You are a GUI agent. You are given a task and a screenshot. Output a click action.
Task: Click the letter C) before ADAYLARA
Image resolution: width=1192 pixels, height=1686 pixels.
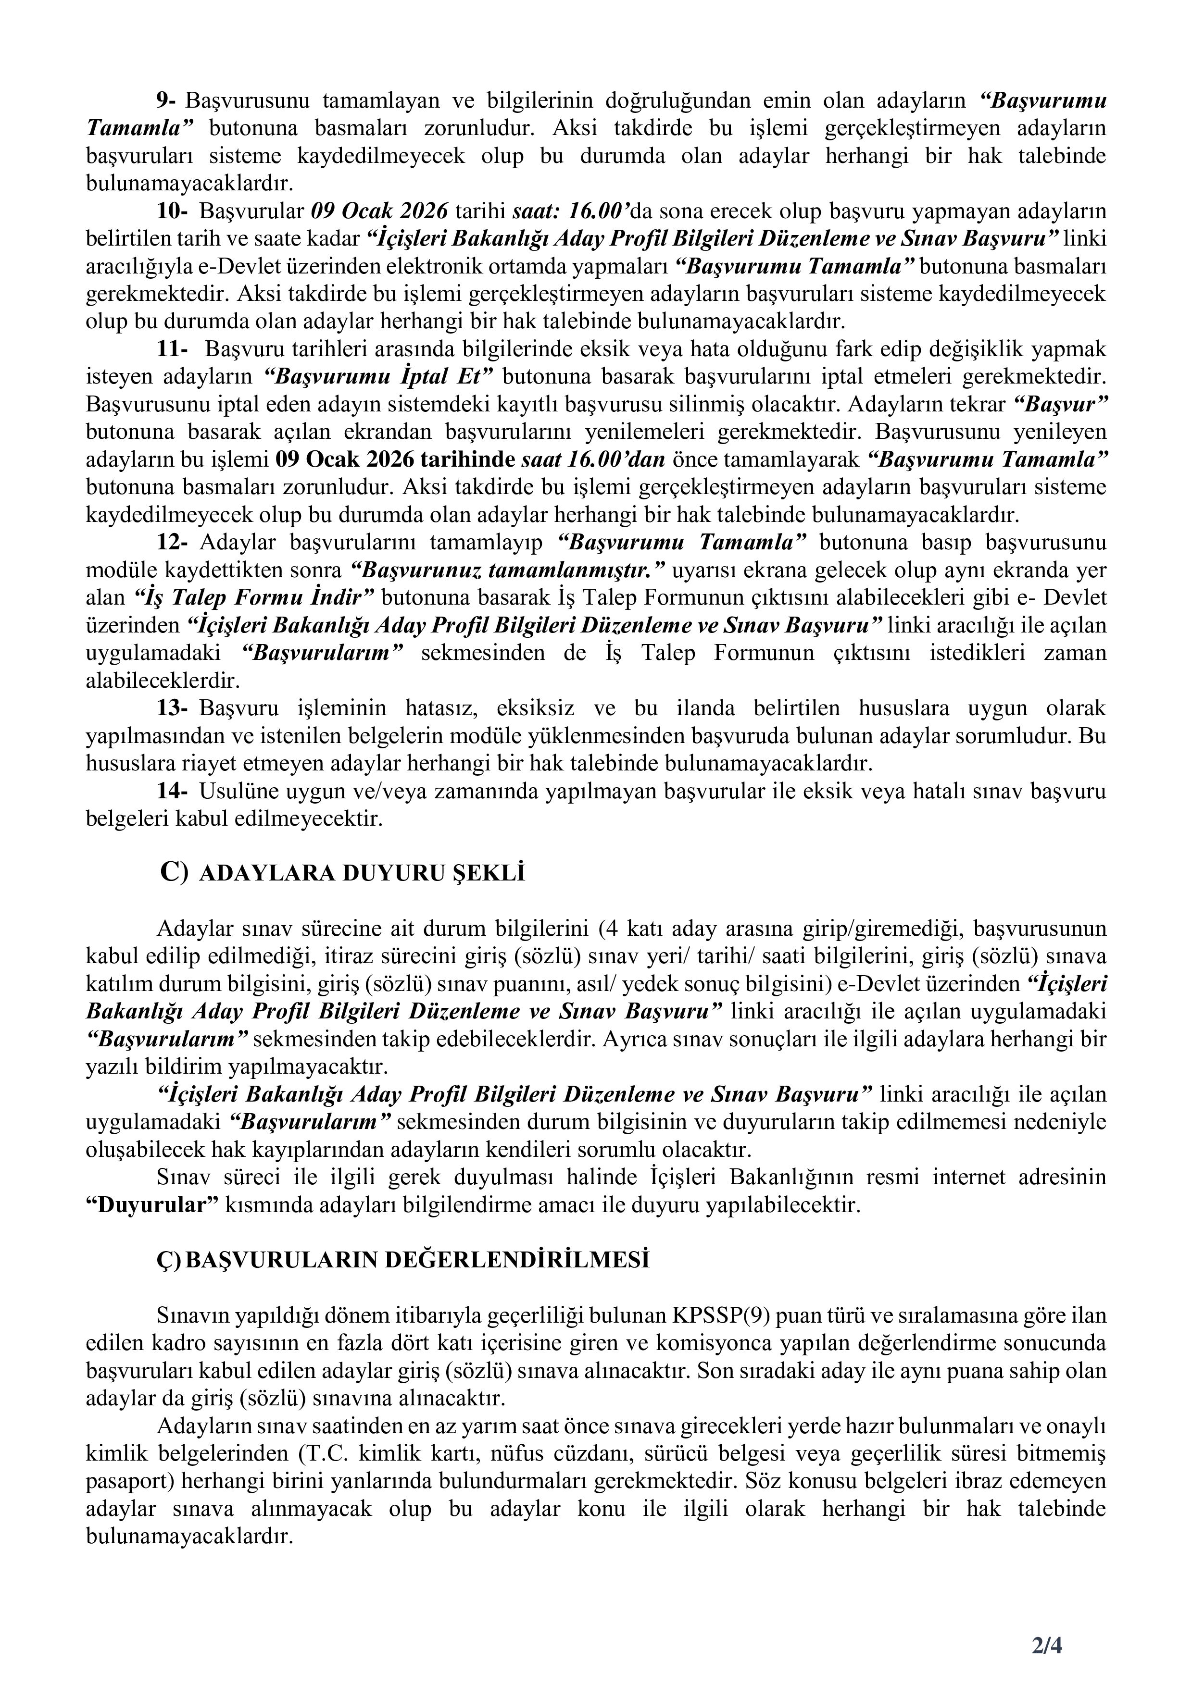point(175,873)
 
